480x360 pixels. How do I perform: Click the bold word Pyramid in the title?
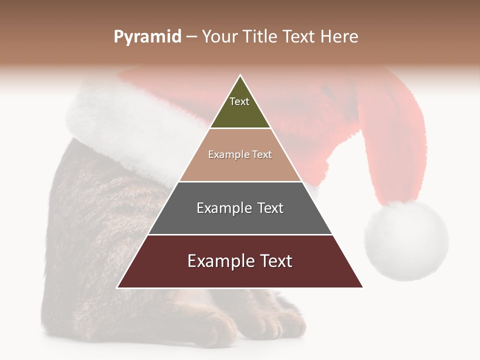click(x=147, y=37)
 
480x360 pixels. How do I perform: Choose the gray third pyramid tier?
click(x=240, y=220)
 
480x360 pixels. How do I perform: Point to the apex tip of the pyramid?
click(x=240, y=75)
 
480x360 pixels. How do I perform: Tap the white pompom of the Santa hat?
click(x=406, y=240)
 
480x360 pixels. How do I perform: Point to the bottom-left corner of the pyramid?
click(x=117, y=287)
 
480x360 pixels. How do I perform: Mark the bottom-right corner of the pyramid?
click(x=362, y=287)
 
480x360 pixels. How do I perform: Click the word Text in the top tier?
click(x=239, y=101)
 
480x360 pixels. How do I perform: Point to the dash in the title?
click(x=191, y=37)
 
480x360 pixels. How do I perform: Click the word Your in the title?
click(x=220, y=37)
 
